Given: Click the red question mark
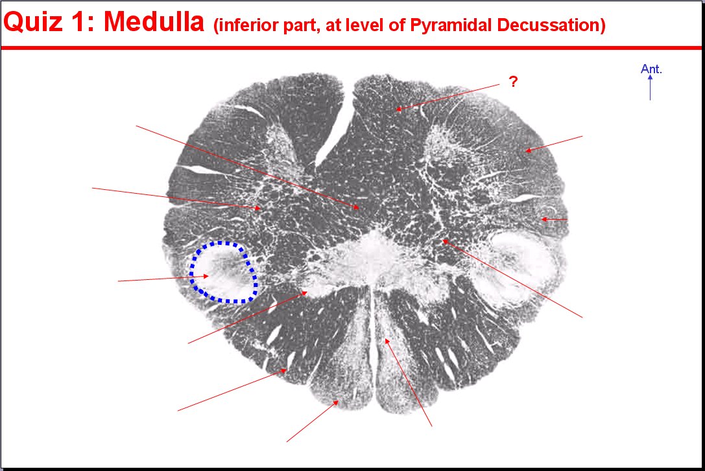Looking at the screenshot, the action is coord(513,81).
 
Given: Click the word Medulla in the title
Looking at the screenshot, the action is coord(154,21).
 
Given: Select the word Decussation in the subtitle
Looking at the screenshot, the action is coord(551,25).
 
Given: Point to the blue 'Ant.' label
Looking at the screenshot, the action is coord(651,69).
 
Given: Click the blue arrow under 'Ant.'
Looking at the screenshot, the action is coord(650,87).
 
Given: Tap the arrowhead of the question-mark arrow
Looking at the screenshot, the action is coord(398,109).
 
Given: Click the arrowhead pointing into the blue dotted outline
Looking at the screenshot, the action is coord(206,276).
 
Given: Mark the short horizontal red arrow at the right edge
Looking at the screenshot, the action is coord(554,219).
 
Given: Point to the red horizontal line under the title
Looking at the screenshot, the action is coord(351,47).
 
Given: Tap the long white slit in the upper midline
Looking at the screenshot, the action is coord(333,130).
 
